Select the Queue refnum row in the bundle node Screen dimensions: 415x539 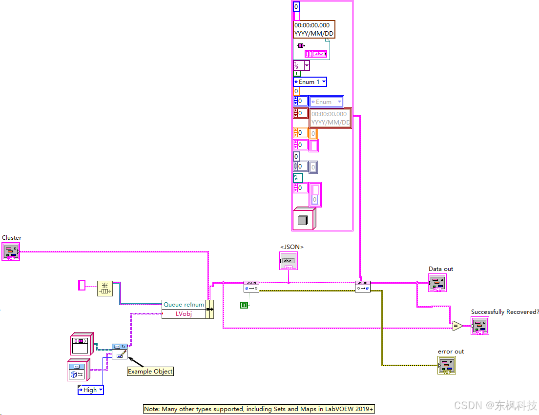184,304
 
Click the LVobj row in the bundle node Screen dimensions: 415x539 184,314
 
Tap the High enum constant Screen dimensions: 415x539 91,390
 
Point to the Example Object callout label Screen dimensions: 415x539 150,371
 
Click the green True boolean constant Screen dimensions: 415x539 244,305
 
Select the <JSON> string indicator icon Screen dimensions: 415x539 288,261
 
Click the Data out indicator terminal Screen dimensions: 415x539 437,283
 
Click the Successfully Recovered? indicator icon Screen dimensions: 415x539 479,326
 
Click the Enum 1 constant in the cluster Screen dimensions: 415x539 310,82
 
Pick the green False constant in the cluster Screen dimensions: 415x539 296,73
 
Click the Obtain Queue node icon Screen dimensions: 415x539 104,289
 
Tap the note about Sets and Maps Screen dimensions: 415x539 259,409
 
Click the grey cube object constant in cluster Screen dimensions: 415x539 303,219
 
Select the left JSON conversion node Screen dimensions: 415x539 251,287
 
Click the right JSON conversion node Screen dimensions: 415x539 362,287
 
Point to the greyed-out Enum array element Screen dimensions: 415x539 326,102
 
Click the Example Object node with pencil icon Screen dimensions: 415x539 119,351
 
